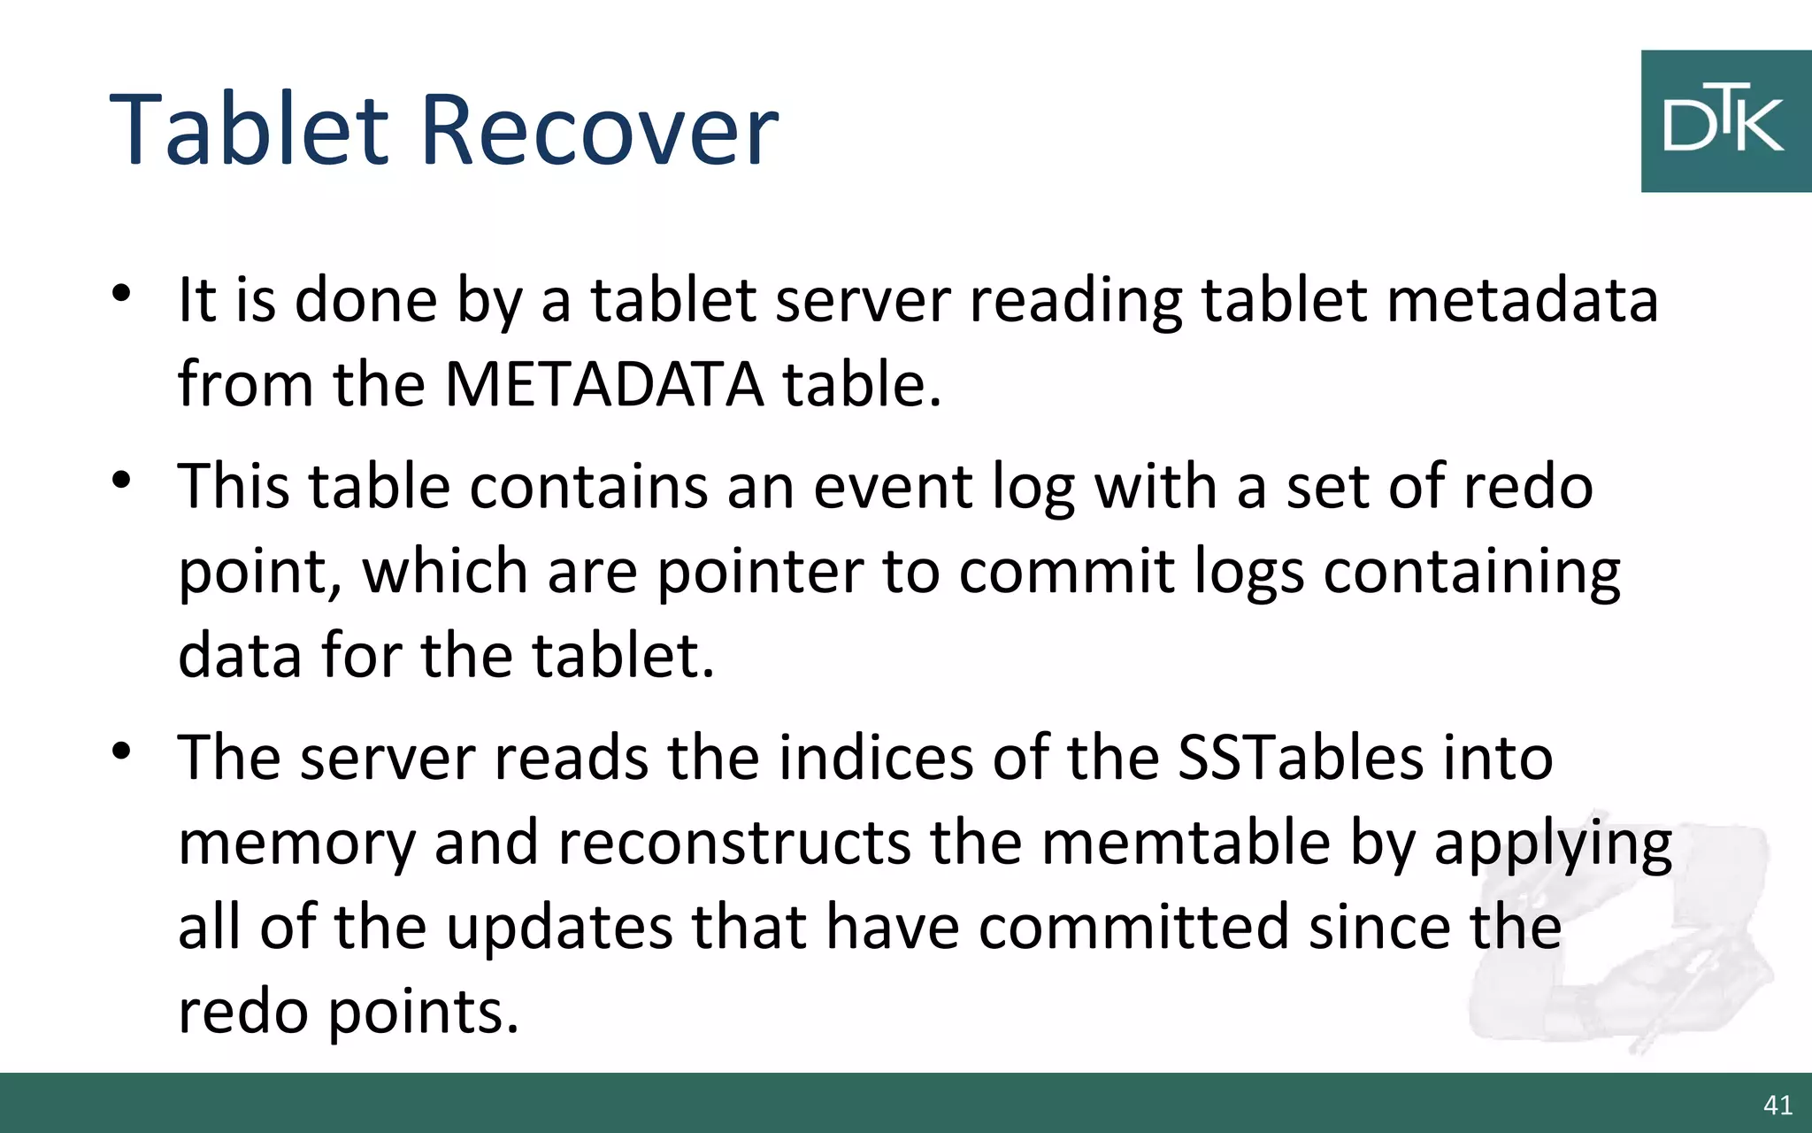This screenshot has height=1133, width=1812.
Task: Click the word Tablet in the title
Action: click(249, 130)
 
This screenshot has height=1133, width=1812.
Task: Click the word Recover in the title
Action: click(600, 130)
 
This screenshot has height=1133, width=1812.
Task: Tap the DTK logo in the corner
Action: click(1724, 121)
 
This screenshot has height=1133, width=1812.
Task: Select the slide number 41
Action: click(1777, 1105)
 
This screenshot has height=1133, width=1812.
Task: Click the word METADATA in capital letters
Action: click(603, 384)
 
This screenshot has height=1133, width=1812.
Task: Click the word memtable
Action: click(1186, 842)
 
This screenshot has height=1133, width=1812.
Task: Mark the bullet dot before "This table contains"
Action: click(122, 481)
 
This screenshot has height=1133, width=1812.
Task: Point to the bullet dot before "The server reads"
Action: click(122, 752)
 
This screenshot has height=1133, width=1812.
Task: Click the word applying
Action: click(1553, 844)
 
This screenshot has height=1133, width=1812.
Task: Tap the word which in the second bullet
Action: click(445, 571)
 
